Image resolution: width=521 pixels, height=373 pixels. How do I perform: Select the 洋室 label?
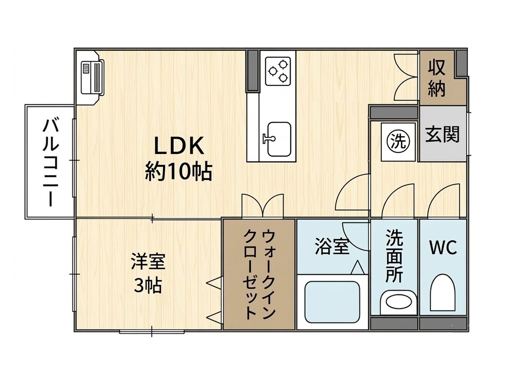point(148,261)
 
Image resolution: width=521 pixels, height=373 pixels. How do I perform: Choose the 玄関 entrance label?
point(442,134)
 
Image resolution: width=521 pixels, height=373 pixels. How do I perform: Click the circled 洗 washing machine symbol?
point(399,141)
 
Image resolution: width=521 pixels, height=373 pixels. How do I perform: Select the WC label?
point(443,248)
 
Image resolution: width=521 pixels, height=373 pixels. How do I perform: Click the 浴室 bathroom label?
point(332,246)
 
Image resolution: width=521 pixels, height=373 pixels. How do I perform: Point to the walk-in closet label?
point(259,274)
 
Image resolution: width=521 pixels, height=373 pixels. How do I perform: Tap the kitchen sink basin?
point(279,139)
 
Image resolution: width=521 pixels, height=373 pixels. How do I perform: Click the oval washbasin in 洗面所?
point(399,302)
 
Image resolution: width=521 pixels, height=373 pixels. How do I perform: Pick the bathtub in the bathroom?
point(332,302)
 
